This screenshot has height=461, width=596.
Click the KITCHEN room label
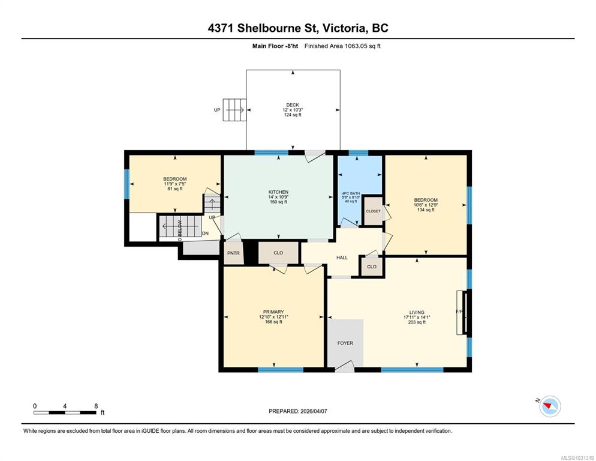[x=278, y=192]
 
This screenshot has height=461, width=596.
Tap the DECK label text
[x=293, y=105]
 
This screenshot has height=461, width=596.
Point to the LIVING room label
[x=417, y=312]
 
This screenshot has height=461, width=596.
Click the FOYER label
[x=345, y=343]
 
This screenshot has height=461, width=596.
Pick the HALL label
[x=342, y=258]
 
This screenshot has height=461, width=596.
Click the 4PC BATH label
[x=350, y=192]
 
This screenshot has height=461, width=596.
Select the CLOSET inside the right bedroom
[x=373, y=211]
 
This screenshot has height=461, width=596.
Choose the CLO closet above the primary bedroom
[x=278, y=253]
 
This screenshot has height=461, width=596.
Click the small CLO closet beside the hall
[x=372, y=267]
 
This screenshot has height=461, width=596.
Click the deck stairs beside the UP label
[x=233, y=110]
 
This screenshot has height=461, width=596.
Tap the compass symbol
[x=549, y=406]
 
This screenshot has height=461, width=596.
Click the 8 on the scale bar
[x=96, y=406]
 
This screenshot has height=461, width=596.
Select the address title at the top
[x=297, y=28]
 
